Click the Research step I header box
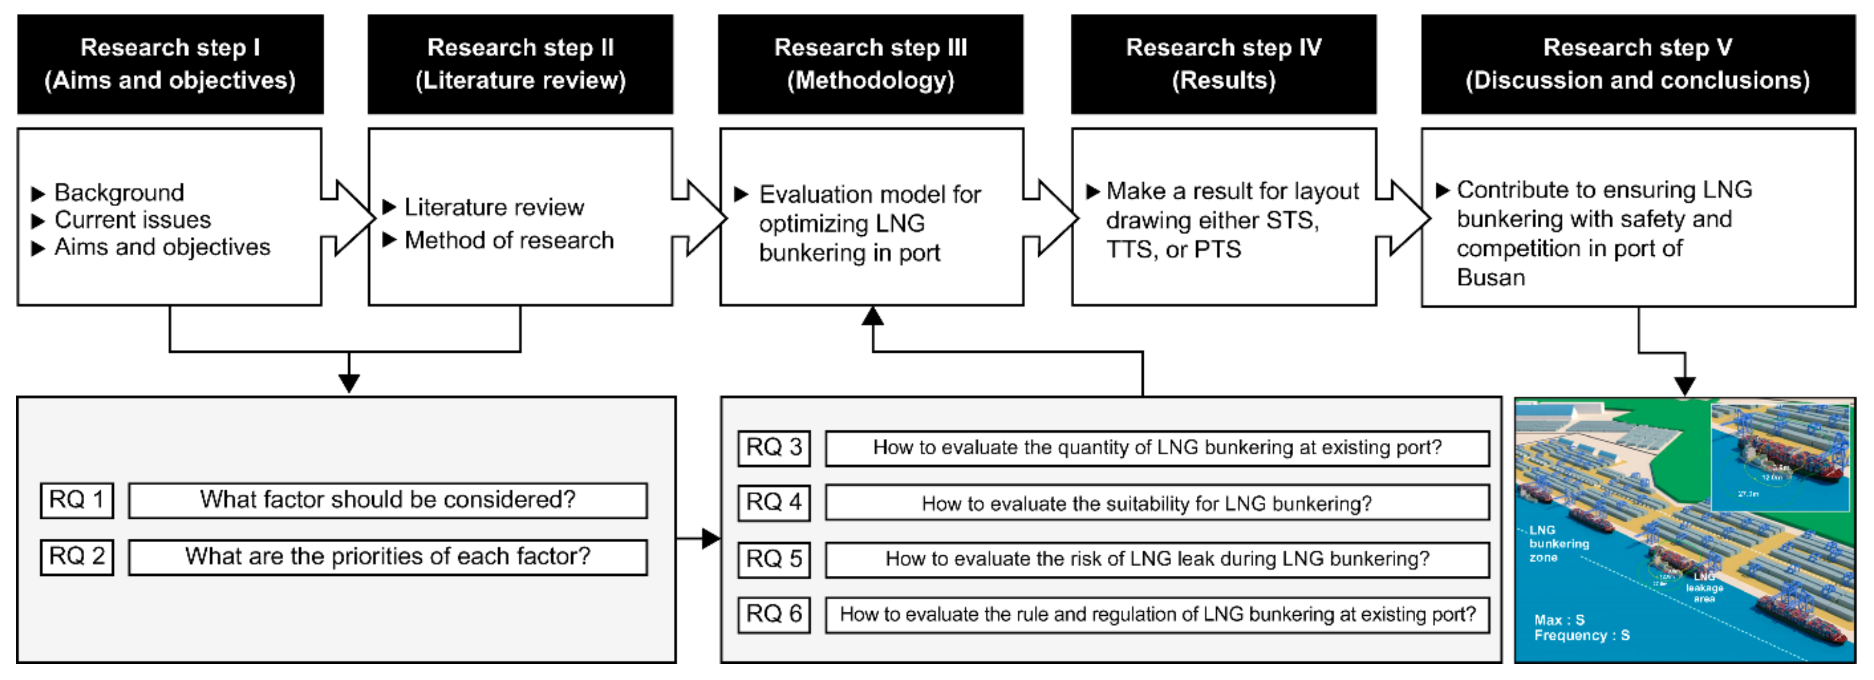pyautogui.click(x=170, y=64)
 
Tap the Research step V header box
pyautogui.click(x=1638, y=64)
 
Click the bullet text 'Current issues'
pyautogui.click(x=132, y=220)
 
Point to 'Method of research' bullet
pyautogui.click(x=508, y=240)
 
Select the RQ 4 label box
pyautogui.click(x=774, y=502)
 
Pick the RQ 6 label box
pyautogui.click(x=774, y=614)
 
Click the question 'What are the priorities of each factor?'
pyautogui.click(x=388, y=557)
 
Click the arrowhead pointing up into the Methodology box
pyautogui.click(x=872, y=316)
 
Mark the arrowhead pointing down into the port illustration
pyautogui.click(x=1685, y=386)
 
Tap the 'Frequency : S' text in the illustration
pyautogui.click(x=1582, y=636)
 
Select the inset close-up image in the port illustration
pyautogui.click(x=1780, y=457)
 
